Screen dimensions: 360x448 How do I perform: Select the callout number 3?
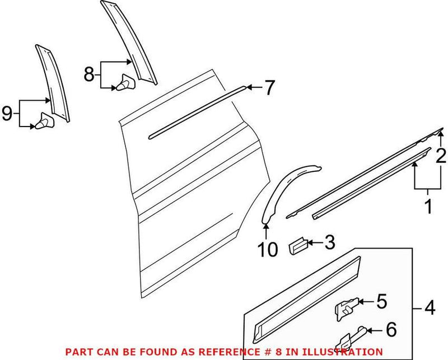pos(329,242)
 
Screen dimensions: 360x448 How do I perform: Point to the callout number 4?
pos(430,307)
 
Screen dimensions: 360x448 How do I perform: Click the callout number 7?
pos(270,87)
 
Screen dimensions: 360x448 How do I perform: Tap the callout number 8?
pos(90,74)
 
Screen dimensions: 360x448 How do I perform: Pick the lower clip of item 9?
pos(44,121)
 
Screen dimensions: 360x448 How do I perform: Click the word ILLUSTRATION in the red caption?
pos(339,352)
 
